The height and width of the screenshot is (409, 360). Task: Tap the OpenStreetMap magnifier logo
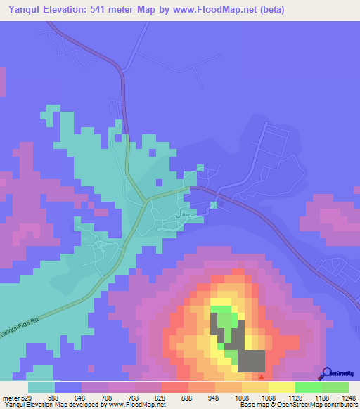point(325,375)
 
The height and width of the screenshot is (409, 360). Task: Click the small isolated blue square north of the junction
point(200,167)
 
